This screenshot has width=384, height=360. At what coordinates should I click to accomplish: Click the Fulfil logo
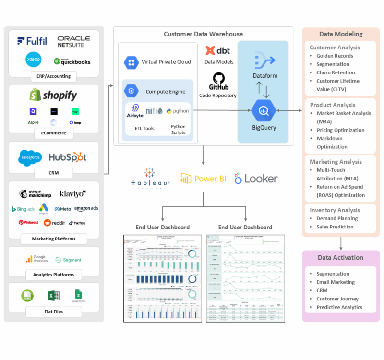(32, 41)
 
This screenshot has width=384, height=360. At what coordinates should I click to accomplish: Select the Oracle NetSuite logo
(73, 42)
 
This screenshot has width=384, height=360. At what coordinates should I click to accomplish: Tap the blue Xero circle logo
(33, 60)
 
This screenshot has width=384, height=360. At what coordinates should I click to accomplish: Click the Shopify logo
(53, 95)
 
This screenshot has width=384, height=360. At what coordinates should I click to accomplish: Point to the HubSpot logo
(68, 157)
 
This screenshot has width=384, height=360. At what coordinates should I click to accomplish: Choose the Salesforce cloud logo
(31, 157)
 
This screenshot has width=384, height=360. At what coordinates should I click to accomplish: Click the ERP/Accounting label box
(53, 76)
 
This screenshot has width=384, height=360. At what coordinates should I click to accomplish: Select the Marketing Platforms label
(53, 239)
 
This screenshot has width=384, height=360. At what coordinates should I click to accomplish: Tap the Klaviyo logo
(72, 194)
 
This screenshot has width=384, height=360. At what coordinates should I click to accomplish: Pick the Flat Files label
(53, 312)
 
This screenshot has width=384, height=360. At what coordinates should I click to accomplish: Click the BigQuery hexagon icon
(264, 111)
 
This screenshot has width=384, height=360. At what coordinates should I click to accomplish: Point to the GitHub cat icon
(218, 78)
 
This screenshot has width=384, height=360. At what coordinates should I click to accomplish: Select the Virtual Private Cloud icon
(131, 62)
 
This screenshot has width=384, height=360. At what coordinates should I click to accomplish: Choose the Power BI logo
(203, 179)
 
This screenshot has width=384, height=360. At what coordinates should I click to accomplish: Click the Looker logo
(256, 179)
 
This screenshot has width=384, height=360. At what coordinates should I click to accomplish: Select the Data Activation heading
(340, 258)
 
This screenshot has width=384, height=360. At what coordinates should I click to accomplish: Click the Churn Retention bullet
(336, 72)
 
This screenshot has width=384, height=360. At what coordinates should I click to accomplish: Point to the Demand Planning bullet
(337, 218)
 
